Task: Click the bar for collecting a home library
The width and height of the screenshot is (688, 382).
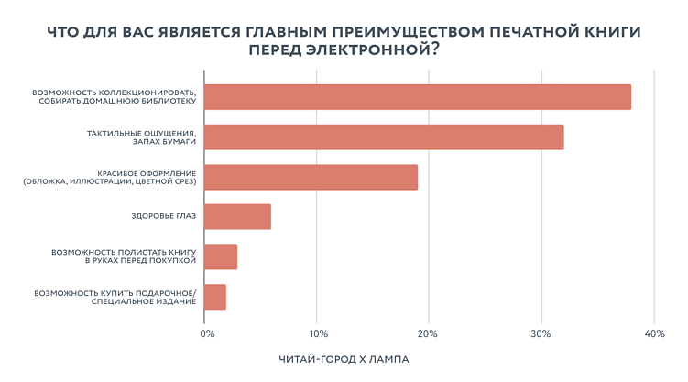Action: click(x=417, y=97)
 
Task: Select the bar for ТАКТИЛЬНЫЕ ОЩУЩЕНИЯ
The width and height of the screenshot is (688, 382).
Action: click(x=383, y=136)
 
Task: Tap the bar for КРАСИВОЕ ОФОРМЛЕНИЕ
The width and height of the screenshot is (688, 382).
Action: click(x=311, y=177)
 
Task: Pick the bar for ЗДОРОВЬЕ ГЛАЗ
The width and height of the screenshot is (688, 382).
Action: click(x=237, y=216)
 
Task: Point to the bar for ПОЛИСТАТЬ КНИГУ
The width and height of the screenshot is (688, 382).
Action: click(x=221, y=256)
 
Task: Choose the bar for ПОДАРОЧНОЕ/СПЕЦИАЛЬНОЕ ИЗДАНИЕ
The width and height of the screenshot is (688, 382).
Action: click(x=215, y=297)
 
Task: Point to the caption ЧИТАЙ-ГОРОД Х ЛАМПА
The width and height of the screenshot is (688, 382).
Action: click(x=344, y=360)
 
